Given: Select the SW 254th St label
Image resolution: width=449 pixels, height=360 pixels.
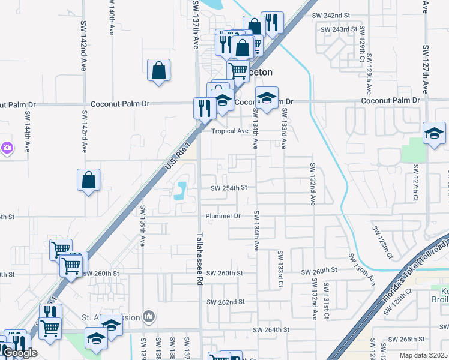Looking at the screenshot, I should (229, 188).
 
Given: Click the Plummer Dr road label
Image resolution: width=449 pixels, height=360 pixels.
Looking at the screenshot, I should (223, 215).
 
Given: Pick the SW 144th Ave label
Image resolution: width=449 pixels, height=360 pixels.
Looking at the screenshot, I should (28, 131).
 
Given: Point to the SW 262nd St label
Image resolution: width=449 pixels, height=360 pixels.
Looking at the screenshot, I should (224, 302).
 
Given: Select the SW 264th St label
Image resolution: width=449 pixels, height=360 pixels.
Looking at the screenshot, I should (271, 330).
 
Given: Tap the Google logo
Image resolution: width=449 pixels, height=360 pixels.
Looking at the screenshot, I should (20, 353).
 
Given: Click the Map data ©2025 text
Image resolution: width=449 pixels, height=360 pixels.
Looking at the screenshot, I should (424, 356).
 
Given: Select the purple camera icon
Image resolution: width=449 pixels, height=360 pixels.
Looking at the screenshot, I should (7, 147).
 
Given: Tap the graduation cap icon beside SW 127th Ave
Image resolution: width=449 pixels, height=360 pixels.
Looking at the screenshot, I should (434, 134).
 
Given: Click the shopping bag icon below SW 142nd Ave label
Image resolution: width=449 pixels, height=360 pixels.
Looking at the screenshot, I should (88, 180).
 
